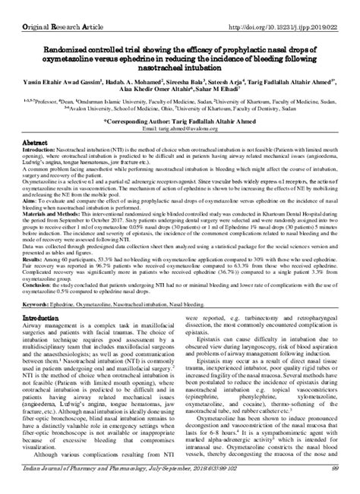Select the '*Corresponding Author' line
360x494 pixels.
(x=181, y=119)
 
